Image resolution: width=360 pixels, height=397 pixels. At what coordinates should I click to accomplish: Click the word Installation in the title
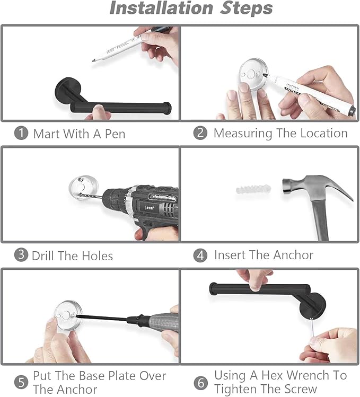click(161, 8)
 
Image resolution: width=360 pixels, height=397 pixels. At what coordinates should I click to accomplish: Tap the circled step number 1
click(21, 133)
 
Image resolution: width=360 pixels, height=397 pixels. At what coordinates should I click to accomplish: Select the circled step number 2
click(200, 133)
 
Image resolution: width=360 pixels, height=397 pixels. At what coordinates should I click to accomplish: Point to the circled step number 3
click(21, 255)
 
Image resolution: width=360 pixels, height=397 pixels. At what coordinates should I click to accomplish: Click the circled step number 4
click(200, 255)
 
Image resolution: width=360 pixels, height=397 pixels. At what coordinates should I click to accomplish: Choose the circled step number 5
click(21, 382)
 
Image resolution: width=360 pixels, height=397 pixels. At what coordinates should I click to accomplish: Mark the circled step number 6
click(200, 383)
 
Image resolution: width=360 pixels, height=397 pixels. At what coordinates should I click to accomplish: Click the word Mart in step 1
click(46, 134)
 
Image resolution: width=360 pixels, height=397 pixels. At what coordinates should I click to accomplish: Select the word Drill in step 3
click(43, 255)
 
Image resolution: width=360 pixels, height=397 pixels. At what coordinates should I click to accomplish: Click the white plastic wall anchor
click(253, 189)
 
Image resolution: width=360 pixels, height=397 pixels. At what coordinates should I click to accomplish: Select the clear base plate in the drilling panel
click(84, 188)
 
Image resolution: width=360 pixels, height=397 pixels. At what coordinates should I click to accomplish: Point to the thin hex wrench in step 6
click(313, 327)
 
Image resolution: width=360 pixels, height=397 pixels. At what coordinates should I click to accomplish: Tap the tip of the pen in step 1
click(93, 61)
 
